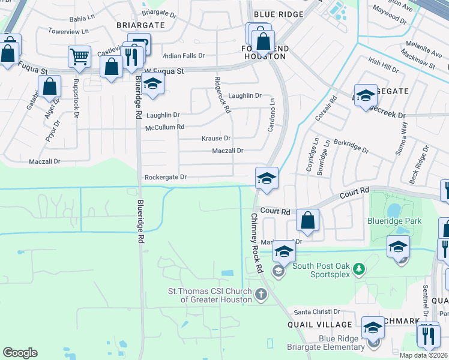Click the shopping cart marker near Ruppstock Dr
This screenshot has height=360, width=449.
coord(79,58)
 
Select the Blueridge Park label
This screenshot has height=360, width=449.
coord(394,221)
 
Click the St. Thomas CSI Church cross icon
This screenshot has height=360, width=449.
coord(261,295)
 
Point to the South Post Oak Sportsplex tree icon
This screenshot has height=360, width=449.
coord(358,268)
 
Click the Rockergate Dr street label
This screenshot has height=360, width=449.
coord(166,177)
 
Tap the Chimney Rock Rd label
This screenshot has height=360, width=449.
coord(257,244)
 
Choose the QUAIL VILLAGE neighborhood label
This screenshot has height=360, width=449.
coord(316,325)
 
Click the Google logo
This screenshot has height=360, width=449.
coord(20,353)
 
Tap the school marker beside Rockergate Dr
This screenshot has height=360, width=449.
coord(267,178)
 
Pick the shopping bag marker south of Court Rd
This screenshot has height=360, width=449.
coord(307,221)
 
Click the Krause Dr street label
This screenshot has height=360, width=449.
coord(215,138)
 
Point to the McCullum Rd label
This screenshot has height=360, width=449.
coord(164,127)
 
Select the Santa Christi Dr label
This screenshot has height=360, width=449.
coord(317,312)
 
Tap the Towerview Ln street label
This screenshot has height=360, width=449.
coord(68,31)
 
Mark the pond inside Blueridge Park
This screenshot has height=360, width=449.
coord(394,210)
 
